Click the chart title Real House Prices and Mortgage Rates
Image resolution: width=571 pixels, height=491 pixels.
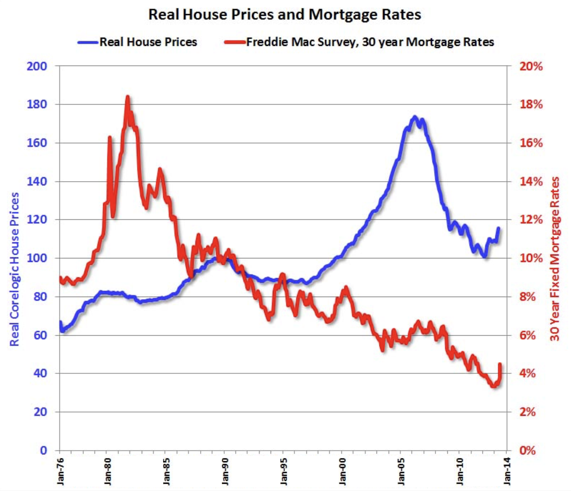point(285,15)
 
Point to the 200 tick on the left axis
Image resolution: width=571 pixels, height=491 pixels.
point(37,66)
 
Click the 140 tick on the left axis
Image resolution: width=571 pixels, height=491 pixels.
point(37,182)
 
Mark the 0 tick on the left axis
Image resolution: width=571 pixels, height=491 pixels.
point(43,450)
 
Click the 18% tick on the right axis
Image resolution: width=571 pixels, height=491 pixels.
point(531,105)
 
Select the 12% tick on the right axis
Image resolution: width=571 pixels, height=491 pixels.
point(531,220)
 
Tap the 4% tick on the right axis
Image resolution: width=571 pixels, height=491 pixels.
point(528,373)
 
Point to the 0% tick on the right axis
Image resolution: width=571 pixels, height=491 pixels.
point(528,450)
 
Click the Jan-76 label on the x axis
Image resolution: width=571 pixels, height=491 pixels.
point(60,470)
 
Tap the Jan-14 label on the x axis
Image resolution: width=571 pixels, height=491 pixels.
point(507,470)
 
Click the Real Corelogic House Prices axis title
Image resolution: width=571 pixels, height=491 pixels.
point(14,269)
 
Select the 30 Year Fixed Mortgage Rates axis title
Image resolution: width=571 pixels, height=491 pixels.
point(555,258)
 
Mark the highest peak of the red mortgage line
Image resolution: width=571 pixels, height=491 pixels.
point(128,97)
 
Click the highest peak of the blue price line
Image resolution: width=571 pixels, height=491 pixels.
point(415,117)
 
